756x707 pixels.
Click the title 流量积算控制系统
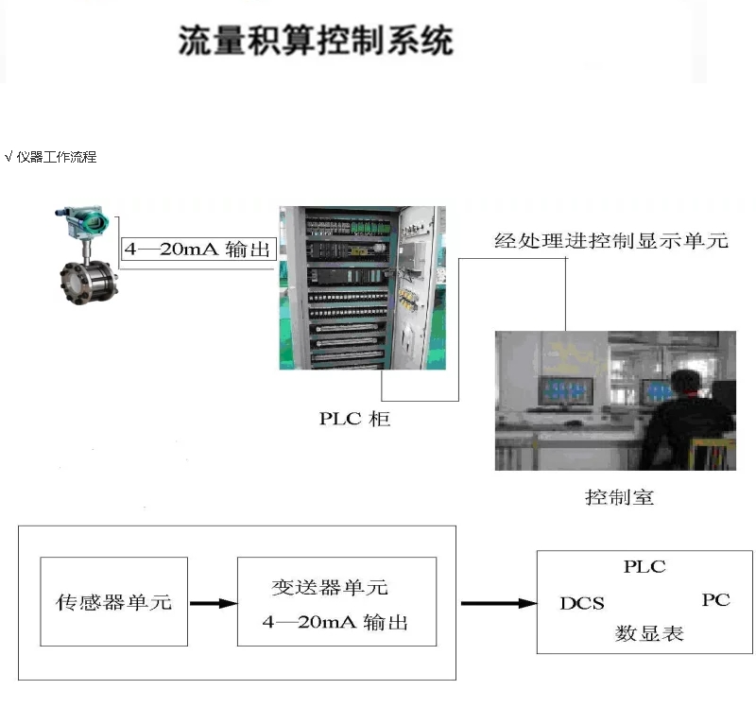click(x=317, y=42)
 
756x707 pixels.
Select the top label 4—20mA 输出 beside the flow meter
click(x=198, y=250)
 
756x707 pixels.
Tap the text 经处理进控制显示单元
click(x=611, y=241)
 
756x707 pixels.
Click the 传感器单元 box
click(x=113, y=602)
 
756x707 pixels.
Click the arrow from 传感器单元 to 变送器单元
click(x=213, y=602)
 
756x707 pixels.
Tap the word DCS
click(x=581, y=603)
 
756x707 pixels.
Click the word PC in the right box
click(x=715, y=600)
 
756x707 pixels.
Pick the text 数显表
click(x=649, y=633)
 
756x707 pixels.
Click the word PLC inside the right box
click(x=644, y=567)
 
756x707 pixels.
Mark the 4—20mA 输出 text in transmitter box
click(x=335, y=624)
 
